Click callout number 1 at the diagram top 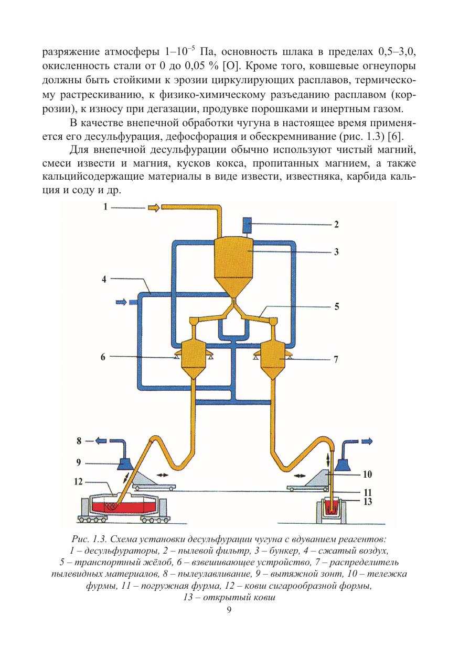pos(105,206)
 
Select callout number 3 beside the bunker pos(336,252)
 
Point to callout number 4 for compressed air pos(104,279)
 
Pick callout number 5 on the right pos(336,307)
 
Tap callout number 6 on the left pos(103,357)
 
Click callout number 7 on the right pos(336,360)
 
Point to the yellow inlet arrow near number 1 pos(154,208)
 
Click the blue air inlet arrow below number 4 pos(121,302)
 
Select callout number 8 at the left pos(79,441)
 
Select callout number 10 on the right pos(367,475)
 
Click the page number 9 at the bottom pos(229,609)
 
